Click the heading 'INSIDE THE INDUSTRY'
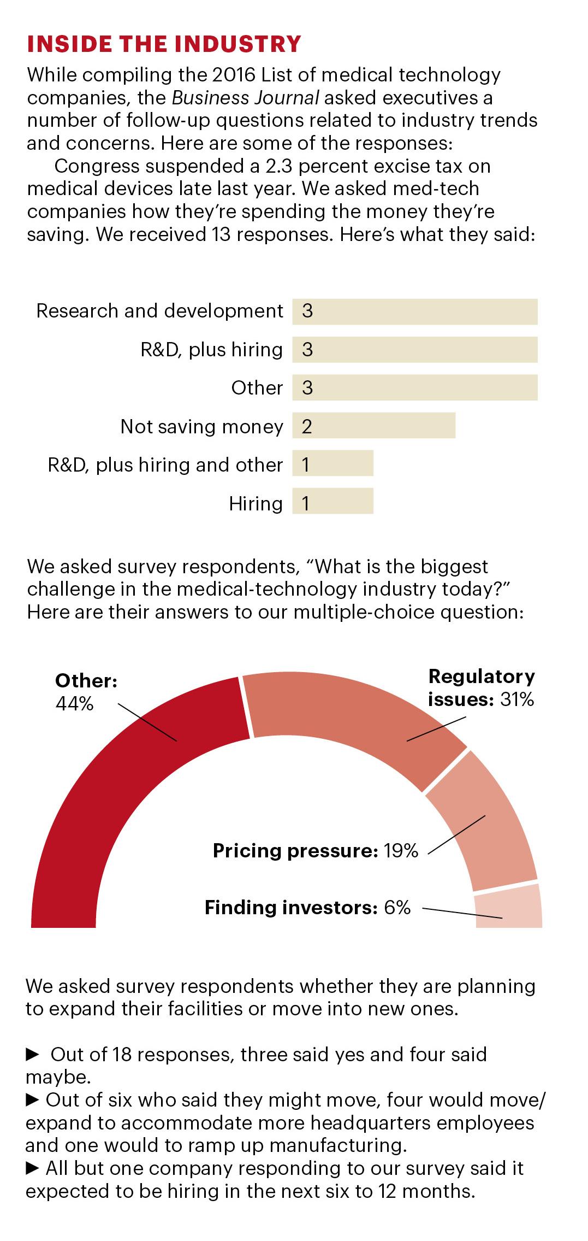164,44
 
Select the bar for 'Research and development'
415,311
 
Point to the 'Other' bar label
257,388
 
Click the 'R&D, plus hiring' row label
212,350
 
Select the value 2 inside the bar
306,426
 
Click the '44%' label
75,704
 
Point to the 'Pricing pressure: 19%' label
316,851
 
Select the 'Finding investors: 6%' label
307,908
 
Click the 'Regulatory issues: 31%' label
481,688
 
